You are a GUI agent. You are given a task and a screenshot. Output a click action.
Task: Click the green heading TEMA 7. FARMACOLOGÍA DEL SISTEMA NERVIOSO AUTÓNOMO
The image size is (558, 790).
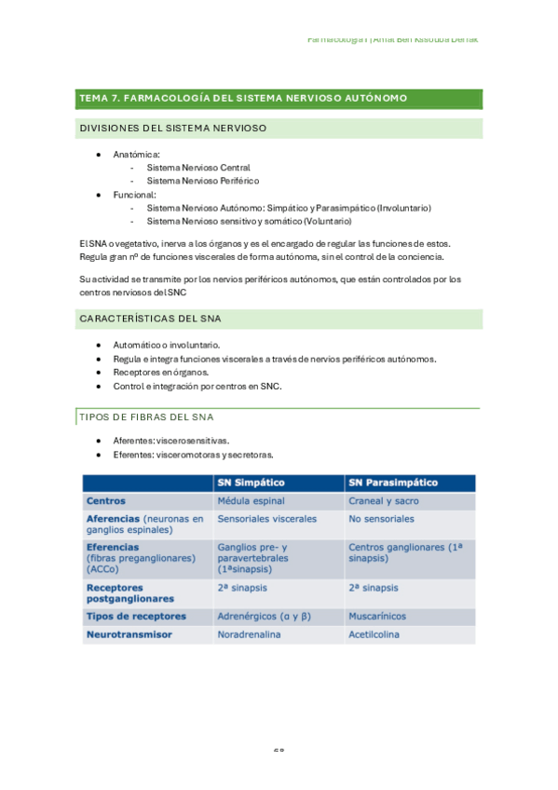(x=243, y=98)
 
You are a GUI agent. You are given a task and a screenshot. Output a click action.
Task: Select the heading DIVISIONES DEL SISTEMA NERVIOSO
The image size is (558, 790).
(x=173, y=129)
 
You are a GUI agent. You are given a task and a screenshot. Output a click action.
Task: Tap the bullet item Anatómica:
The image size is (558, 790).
(x=136, y=154)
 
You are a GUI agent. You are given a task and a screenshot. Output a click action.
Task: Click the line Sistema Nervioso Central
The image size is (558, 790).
(x=197, y=168)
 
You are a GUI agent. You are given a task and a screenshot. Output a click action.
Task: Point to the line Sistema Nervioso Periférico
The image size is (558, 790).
(x=202, y=181)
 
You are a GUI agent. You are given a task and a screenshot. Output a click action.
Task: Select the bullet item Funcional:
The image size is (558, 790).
(x=135, y=195)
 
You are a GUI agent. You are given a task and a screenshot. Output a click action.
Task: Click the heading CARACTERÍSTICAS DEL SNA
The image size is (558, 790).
(x=150, y=319)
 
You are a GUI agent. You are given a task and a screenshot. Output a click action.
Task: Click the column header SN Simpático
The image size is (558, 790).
(x=251, y=483)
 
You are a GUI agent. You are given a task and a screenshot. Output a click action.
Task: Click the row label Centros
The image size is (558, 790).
(x=106, y=500)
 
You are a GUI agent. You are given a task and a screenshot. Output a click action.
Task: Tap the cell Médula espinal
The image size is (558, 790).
(x=251, y=500)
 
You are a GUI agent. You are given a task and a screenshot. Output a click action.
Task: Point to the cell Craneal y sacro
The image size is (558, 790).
(x=385, y=500)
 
